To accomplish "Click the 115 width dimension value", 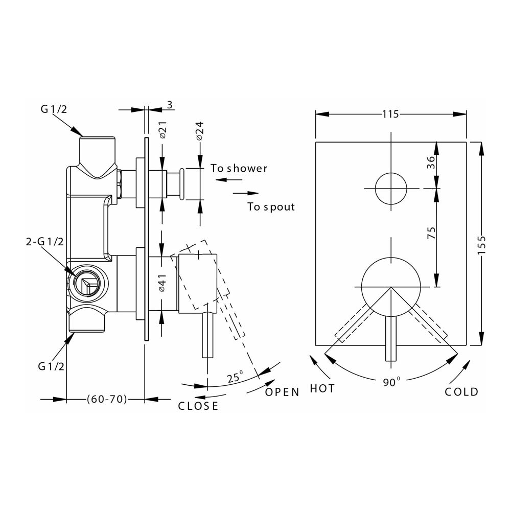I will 390,114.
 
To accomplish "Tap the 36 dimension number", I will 431,162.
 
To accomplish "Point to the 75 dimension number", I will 431,233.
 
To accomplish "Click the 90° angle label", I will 391,382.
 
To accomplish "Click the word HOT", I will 322,389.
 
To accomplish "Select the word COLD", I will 461,392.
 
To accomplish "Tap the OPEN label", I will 282,392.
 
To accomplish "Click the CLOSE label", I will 198,406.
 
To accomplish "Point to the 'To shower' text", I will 239,168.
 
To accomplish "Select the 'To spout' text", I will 271,207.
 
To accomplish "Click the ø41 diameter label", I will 162,283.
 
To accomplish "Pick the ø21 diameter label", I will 162,131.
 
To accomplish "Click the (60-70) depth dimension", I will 107,399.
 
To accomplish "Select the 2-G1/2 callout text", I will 44,242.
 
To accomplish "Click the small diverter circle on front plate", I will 391,188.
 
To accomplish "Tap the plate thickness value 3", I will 170,105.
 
